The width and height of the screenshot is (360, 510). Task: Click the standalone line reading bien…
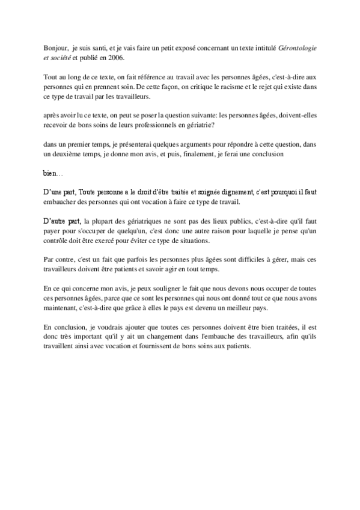point(52,173)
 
